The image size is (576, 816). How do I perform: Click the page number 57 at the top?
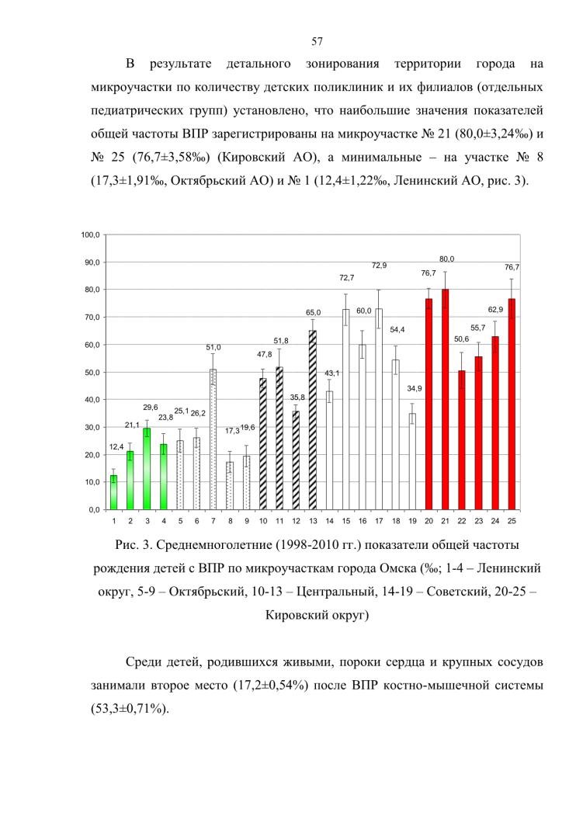(317, 42)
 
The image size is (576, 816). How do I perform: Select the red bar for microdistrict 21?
(446, 399)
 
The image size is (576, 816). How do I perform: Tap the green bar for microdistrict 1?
(114, 492)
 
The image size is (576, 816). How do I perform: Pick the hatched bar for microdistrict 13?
(313, 420)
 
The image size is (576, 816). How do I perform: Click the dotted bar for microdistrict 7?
(213, 439)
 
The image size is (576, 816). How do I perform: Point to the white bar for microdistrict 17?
(379, 409)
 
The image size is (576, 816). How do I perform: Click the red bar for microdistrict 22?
(462, 439)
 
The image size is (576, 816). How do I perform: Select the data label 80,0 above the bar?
(446, 259)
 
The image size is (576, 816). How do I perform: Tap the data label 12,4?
(116, 447)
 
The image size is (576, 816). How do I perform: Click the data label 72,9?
(380, 266)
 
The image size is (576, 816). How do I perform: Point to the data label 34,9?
(415, 389)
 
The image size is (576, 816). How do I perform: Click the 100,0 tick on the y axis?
(91, 234)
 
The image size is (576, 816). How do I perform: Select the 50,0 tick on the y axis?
(92, 372)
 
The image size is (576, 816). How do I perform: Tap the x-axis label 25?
(512, 521)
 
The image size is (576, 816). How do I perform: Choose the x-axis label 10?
(263, 521)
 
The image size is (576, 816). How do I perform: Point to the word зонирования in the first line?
(342, 64)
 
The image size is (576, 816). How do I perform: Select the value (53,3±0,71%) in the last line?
(130, 708)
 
